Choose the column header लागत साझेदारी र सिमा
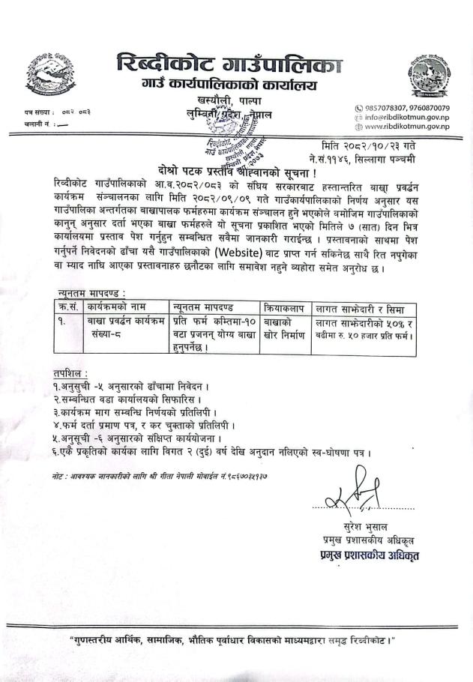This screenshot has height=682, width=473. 360,307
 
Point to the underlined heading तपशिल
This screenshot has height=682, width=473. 70,373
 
